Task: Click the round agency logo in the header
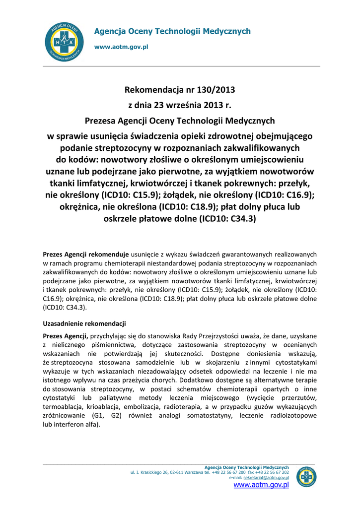tap(64, 42)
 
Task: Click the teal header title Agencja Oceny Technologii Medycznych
tap(172, 31)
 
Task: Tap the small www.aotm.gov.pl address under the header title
tap(121, 47)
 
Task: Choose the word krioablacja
tap(107, 406)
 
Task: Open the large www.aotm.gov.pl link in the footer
tap(261, 485)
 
